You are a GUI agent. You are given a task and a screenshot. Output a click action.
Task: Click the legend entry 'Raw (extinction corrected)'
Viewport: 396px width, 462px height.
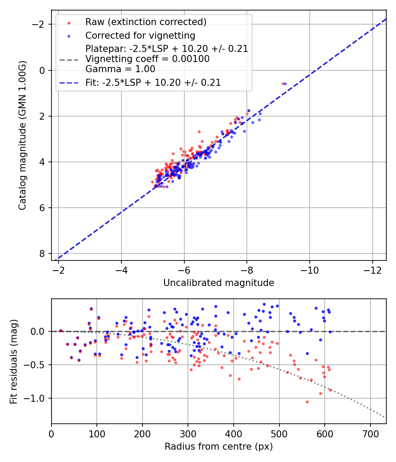(x=146, y=22)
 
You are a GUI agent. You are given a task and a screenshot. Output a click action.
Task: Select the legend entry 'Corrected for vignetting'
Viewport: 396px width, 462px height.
(x=140, y=35)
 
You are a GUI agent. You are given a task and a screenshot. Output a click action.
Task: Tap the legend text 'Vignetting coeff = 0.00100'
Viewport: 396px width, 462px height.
(x=147, y=59)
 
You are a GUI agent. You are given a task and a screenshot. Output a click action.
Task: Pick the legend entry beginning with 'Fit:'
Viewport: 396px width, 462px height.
(x=153, y=82)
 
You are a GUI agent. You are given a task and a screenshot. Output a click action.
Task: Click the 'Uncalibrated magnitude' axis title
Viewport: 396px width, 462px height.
(x=219, y=283)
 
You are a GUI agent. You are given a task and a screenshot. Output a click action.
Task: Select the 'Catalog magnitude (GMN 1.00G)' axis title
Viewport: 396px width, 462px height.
(x=23, y=136)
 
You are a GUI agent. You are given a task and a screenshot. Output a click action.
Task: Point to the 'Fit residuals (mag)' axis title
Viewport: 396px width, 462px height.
(x=14, y=361)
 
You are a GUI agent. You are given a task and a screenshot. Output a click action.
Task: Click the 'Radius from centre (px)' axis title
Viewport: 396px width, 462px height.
(x=219, y=447)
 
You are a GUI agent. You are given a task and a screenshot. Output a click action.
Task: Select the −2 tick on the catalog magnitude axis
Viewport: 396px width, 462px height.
(x=40, y=24)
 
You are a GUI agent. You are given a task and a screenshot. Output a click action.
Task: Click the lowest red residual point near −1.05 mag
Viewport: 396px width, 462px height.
(x=307, y=402)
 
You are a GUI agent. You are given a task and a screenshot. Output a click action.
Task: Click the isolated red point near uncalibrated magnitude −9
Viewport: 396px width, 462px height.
(x=283, y=84)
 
